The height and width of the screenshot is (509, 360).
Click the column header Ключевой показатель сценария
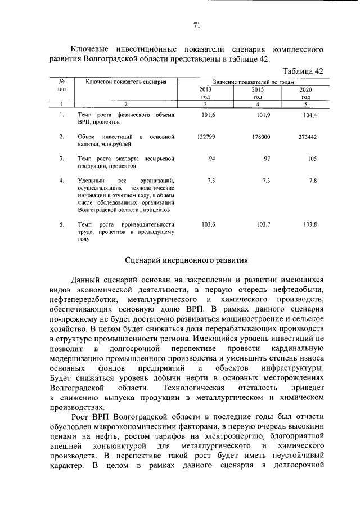(126, 82)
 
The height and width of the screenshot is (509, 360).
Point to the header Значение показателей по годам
(254, 82)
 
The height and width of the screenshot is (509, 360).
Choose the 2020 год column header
(305, 93)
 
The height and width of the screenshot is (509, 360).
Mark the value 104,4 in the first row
(310, 115)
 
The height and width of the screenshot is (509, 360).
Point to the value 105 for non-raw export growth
(313, 159)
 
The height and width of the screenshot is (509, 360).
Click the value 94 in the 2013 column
(213, 159)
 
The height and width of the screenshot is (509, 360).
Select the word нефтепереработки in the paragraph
(83, 300)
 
